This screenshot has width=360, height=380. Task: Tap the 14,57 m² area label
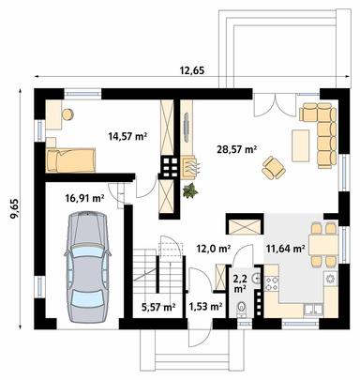[x=127, y=136]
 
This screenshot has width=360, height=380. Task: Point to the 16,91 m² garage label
[x=83, y=198]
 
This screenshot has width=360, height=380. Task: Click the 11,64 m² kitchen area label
[x=284, y=250]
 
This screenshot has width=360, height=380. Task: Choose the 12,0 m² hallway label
[x=213, y=250]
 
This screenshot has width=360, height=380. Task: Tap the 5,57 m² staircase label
[x=157, y=306]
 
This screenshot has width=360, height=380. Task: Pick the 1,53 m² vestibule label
[x=204, y=306]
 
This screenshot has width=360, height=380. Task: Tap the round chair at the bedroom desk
[x=68, y=114]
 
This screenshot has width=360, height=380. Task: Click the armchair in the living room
[x=275, y=167]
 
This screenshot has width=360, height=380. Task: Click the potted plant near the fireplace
[x=191, y=190]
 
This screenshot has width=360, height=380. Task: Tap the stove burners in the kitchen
[x=330, y=279]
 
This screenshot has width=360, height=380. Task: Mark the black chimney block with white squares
[x=171, y=167]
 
